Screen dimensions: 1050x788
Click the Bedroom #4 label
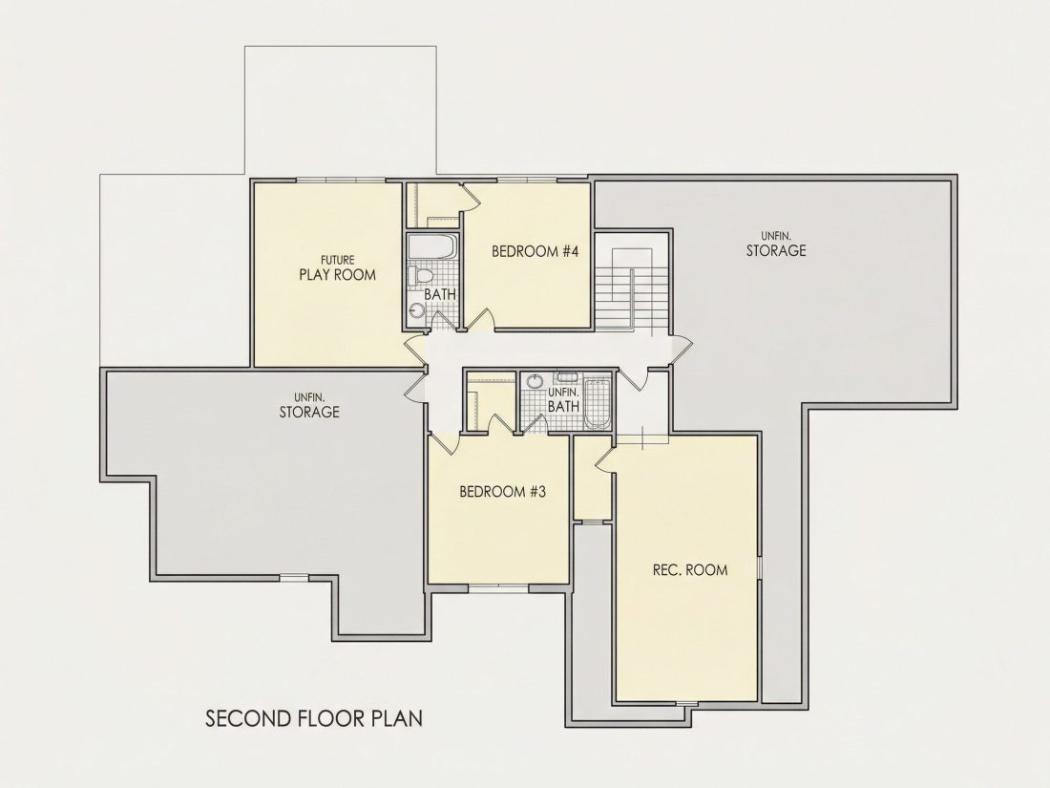535,252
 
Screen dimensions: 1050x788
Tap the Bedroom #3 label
502,492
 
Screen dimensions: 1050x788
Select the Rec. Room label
690,570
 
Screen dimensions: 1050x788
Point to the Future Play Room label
338,268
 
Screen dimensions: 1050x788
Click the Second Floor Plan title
314,719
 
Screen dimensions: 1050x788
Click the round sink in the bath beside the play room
417,311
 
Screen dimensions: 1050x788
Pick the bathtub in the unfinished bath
598,403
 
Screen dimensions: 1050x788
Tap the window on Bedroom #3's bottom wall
497,587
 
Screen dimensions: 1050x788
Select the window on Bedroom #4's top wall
526,179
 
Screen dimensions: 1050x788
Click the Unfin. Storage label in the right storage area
776,245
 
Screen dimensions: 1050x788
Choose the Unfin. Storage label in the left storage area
309,406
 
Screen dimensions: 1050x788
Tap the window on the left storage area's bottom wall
295,576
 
